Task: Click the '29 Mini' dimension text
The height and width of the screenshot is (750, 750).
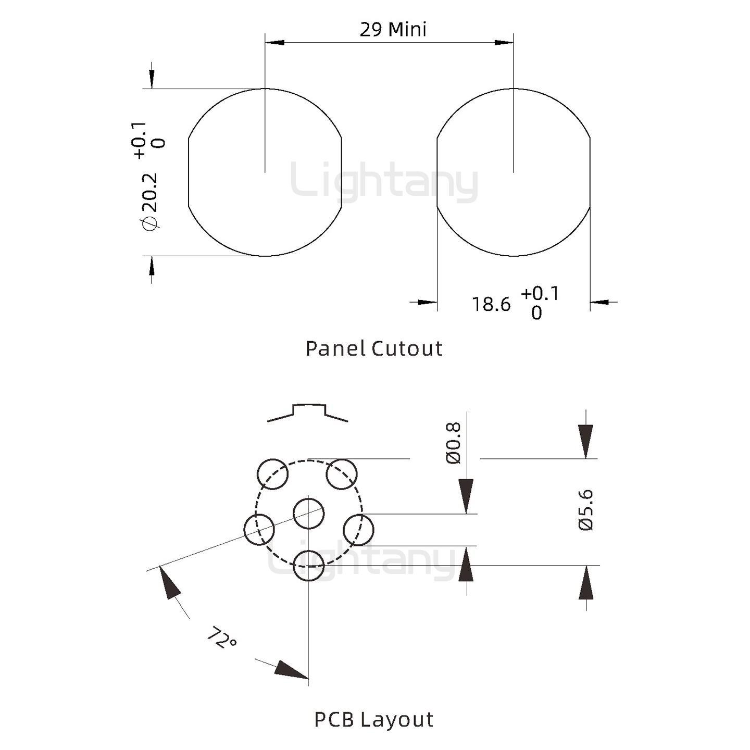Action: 393,29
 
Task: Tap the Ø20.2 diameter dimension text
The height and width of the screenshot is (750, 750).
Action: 149,201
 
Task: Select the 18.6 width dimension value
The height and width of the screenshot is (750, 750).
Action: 491,304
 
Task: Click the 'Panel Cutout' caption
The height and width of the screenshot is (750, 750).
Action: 373,348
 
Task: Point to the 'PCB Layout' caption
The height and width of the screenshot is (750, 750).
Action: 373,719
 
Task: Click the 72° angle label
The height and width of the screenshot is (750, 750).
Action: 222,637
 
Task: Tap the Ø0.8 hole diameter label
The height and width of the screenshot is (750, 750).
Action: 453,443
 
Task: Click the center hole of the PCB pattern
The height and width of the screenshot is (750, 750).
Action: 309,514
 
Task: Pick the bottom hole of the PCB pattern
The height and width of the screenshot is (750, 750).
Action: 309,565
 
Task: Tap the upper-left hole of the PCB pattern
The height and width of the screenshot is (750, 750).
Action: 273,474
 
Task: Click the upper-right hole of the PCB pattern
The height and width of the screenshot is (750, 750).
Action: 342,474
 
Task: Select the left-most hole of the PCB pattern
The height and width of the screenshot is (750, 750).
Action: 259,529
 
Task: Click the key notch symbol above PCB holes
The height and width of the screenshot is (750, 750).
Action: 308,411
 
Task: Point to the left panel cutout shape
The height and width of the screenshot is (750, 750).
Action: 265,172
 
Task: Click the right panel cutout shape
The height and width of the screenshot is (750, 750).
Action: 514,172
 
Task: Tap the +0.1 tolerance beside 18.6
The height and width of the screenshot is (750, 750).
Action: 540,294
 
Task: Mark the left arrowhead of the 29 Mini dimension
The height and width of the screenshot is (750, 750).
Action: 274,42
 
